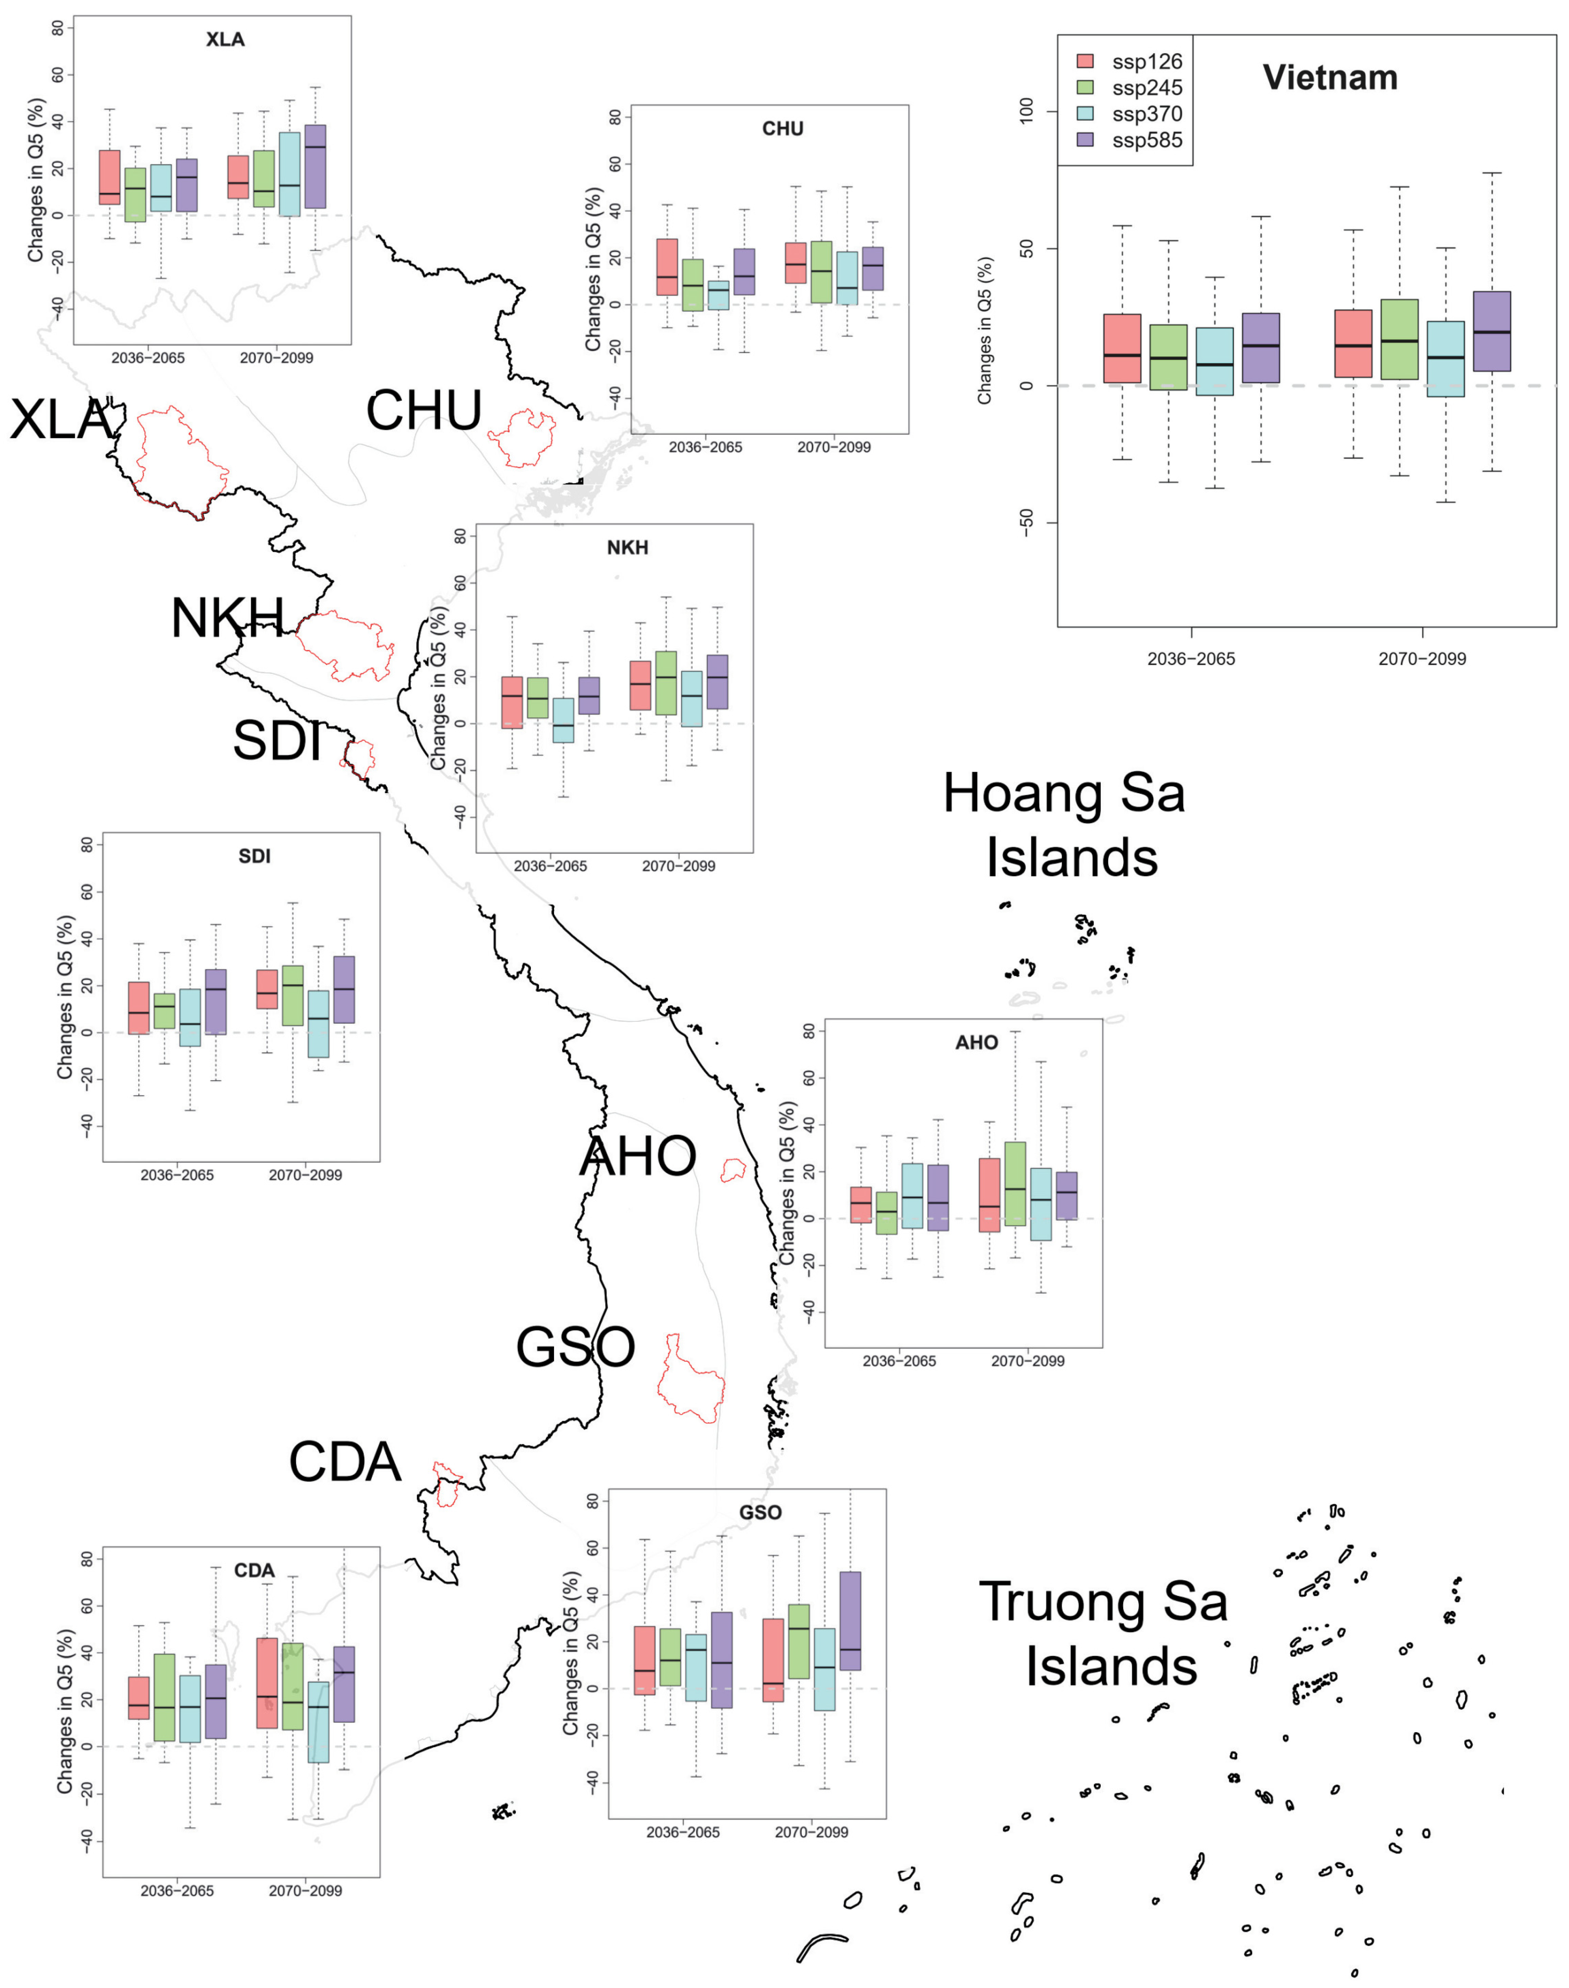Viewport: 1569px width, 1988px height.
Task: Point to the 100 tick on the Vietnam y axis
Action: click(x=1027, y=112)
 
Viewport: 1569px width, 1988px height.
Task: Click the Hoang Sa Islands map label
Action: click(x=1066, y=824)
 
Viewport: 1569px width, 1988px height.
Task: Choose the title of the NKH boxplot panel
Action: click(x=627, y=548)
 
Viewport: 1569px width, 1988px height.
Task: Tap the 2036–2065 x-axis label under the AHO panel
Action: click(x=899, y=1361)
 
